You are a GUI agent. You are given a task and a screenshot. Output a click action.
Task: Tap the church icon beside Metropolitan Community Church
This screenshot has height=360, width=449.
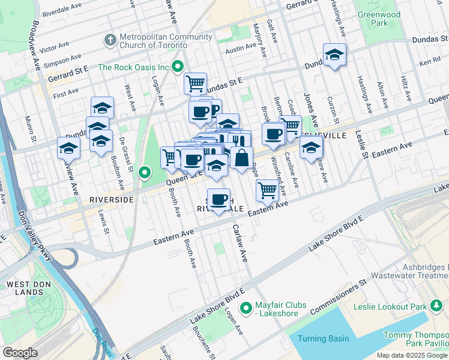pyautogui.click(x=110, y=40)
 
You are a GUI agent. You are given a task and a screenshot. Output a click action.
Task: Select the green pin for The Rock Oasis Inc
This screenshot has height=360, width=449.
pyautogui.click(x=178, y=67)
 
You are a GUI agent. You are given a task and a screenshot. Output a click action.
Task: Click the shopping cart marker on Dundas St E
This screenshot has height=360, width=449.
pyautogui.click(x=195, y=83)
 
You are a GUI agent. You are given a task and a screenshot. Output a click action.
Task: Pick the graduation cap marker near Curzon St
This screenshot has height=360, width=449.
pyautogui.click(x=334, y=55)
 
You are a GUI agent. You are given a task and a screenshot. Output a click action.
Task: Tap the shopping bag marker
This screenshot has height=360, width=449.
pyautogui.click(x=241, y=159)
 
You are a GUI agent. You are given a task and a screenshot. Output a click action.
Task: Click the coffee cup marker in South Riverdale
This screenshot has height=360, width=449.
pyautogui.click(x=219, y=199)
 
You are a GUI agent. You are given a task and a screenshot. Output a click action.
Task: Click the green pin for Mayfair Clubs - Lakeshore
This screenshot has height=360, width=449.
pyautogui.click(x=246, y=308)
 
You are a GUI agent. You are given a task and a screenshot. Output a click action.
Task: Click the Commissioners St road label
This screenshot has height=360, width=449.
pyautogui.click(x=338, y=298)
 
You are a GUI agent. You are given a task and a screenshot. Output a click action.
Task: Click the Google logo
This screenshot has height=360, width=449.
pyautogui.click(x=20, y=352)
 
